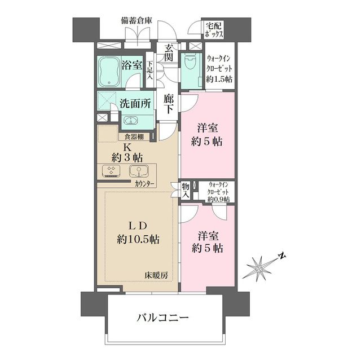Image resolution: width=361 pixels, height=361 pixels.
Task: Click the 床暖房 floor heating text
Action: click(x=155, y=276)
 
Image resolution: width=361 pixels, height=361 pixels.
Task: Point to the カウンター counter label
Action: click(x=146, y=184)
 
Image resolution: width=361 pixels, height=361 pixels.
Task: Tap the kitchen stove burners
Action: click(x=110, y=171)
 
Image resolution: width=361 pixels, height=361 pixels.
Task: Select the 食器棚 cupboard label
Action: click(x=134, y=137)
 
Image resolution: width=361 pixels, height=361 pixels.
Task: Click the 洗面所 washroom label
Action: click(x=135, y=104)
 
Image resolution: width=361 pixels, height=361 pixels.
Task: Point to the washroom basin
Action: click(x=131, y=121)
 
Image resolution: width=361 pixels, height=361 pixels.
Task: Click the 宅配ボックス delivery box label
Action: click(x=215, y=29)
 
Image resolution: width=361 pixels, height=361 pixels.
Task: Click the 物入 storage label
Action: click(x=185, y=190)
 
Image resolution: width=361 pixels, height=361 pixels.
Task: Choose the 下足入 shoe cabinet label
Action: click(x=151, y=69)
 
